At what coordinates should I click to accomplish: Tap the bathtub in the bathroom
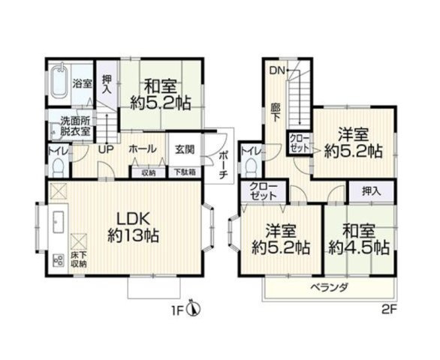tap(60, 82)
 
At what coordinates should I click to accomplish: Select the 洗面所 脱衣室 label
tap(75, 124)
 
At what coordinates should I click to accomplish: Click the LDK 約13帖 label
tap(133, 226)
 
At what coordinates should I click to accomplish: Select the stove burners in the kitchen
tap(58, 262)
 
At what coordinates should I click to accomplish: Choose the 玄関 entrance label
tap(185, 149)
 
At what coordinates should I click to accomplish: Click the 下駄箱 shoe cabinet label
tap(185, 172)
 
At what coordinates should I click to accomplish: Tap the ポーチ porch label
tap(224, 161)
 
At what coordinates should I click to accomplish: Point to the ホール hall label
tap(142, 149)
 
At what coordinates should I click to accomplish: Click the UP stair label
tap(107, 148)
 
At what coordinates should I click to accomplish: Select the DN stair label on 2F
tap(276, 71)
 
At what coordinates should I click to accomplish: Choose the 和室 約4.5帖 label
tap(358, 238)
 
